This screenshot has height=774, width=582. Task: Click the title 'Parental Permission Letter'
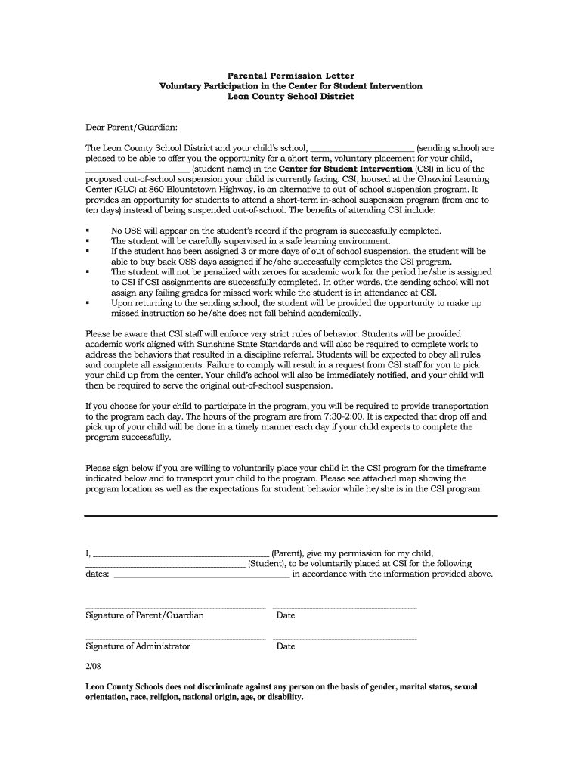(290, 76)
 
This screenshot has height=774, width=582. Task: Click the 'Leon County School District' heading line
(290, 97)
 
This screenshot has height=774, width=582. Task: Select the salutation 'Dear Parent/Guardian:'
(131, 128)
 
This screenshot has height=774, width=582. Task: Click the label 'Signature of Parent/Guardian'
(144, 615)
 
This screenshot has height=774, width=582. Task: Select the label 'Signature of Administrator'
(138, 646)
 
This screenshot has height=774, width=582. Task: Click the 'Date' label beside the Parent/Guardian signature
(286, 615)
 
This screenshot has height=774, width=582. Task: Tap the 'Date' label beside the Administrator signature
(286, 646)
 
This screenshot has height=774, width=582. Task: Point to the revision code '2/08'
(93, 669)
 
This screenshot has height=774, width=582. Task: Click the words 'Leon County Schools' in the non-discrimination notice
(125, 687)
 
